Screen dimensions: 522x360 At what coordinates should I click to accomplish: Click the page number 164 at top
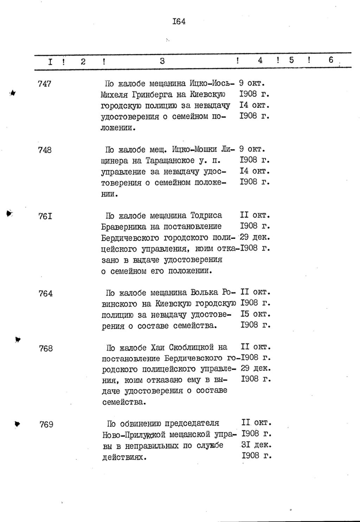[x=179, y=21]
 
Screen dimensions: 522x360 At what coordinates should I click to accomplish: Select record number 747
[x=45, y=84]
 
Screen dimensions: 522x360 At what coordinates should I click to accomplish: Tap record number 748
[x=45, y=150]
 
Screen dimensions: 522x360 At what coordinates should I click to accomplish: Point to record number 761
[x=45, y=216]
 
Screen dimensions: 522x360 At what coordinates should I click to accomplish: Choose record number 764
[x=46, y=293]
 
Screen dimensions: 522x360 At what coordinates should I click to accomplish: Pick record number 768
[x=46, y=348]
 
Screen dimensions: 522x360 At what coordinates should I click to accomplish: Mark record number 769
[x=46, y=424]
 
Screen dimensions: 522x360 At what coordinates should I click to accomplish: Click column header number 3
[x=162, y=61]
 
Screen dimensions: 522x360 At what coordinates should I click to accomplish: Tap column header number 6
[x=331, y=60]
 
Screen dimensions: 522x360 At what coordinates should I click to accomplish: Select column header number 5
[x=291, y=60]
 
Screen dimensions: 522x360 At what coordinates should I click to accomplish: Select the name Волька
[x=204, y=292]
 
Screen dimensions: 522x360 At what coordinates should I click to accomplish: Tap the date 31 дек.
[x=256, y=445]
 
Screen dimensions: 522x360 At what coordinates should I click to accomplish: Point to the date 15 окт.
[x=256, y=314]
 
